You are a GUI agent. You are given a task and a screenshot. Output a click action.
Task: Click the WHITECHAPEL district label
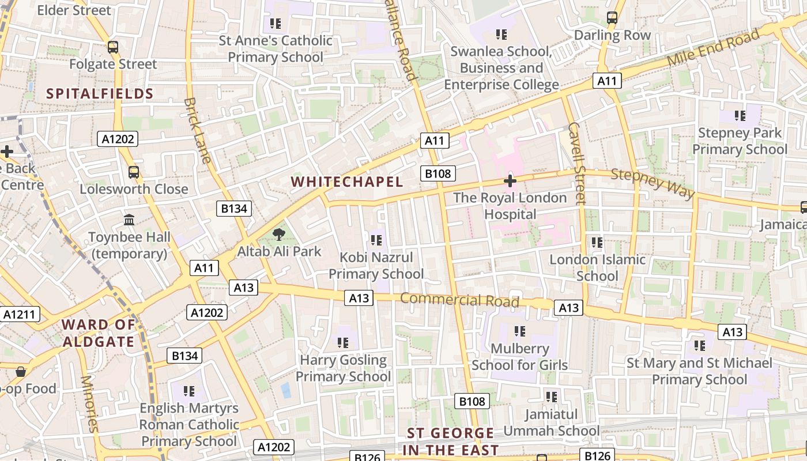[x=346, y=182]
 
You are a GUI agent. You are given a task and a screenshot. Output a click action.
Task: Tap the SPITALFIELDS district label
[x=99, y=93]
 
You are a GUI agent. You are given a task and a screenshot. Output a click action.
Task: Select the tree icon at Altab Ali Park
[x=279, y=234]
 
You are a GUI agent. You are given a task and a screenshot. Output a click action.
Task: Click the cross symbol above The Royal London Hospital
[x=510, y=181]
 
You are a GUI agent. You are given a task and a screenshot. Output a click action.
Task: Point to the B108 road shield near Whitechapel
[x=438, y=173]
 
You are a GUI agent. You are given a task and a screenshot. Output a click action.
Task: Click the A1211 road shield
[x=20, y=314]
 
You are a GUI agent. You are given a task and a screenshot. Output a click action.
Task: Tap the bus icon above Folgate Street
[x=113, y=47]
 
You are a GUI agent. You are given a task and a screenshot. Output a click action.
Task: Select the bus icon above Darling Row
[x=612, y=18]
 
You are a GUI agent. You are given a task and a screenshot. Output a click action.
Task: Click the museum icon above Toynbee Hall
[x=129, y=220]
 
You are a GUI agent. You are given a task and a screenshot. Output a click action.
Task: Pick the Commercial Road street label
[x=459, y=300]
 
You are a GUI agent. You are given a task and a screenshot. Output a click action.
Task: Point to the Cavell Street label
[x=576, y=163]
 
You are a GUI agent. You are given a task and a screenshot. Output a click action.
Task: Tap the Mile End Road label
[x=714, y=47]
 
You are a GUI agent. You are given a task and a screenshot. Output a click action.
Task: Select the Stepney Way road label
[x=653, y=182]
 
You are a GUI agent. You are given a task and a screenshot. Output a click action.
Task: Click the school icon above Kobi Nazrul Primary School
[x=376, y=240]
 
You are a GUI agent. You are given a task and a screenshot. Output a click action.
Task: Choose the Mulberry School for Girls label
[x=519, y=357]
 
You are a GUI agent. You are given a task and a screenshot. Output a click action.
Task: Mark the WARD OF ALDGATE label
[x=99, y=332]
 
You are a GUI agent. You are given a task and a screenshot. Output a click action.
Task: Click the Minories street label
[x=89, y=403]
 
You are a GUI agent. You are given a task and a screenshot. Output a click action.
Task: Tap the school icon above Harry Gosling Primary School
[x=343, y=343]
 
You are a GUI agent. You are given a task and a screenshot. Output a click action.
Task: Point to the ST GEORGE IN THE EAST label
[x=450, y=441]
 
